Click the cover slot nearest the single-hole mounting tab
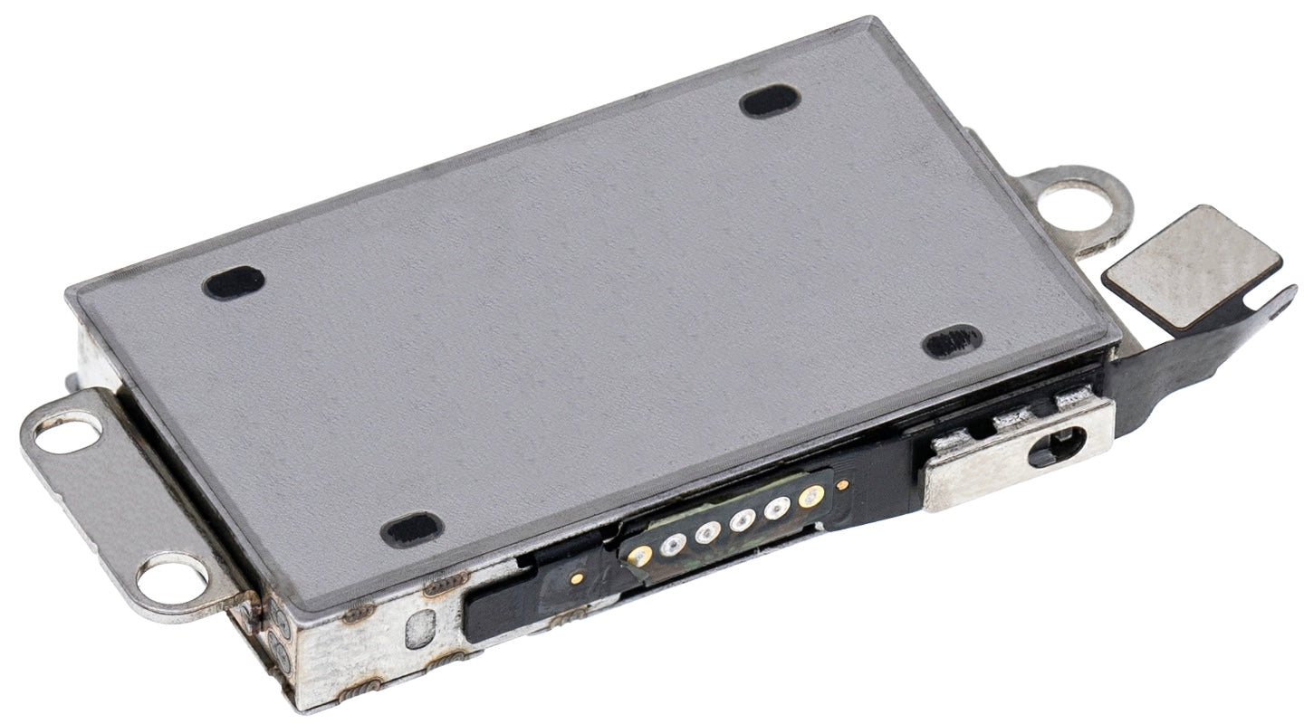click(770, 100)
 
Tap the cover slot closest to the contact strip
click(411, 529)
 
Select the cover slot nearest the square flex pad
click(953, 341)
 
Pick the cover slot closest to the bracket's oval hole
click(234, 282)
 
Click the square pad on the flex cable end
click(1192, 264)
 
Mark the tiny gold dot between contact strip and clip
click(843, 485)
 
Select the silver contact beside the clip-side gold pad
click(776, 509)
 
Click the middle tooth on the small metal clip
click(1011, 419)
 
